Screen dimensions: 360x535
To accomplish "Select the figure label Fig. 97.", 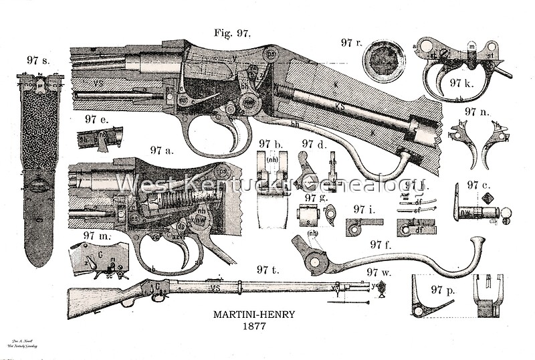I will (232, 33).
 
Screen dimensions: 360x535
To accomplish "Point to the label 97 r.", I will (351, 43).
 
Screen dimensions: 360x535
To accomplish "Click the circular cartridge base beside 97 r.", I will (383, 61).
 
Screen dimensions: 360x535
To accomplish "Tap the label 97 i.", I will (364, 209).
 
